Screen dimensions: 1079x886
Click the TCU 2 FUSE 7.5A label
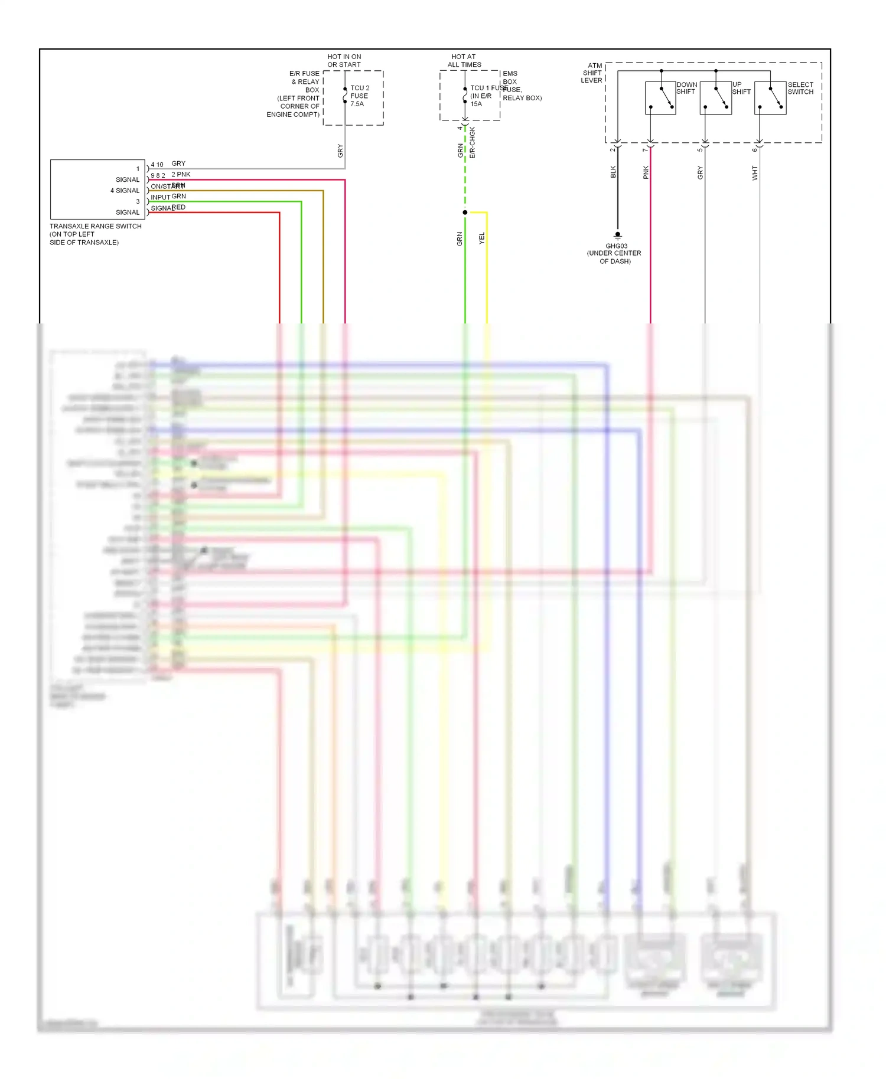coord(359,96)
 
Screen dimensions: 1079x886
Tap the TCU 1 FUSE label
coord(488,88)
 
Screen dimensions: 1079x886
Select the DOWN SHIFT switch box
coord(660,98)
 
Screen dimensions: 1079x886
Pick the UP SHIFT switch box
coord(715,98)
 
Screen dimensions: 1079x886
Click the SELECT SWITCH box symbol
coord(770,98)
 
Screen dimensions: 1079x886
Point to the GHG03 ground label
coord(616,246)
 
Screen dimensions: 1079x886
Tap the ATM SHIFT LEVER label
coord(592,73)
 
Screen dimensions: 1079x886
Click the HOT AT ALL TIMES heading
coord(464,61)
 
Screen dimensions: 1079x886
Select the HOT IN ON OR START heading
coord(344,61)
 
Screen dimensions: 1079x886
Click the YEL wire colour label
coord(482,238)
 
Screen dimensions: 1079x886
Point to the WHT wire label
coord(755,173)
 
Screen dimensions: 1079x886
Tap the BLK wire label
coord(613,172)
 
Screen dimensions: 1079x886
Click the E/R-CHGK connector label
coord(473,143)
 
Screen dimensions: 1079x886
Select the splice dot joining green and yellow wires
coord(465,212)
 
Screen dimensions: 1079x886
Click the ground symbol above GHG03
coord(618,235)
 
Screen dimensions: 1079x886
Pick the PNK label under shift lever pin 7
coord(646,172)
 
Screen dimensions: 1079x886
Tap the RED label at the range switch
coord(178,207)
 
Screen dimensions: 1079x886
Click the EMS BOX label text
coord(510,77)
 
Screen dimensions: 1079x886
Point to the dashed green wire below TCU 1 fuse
coord(465,177)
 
